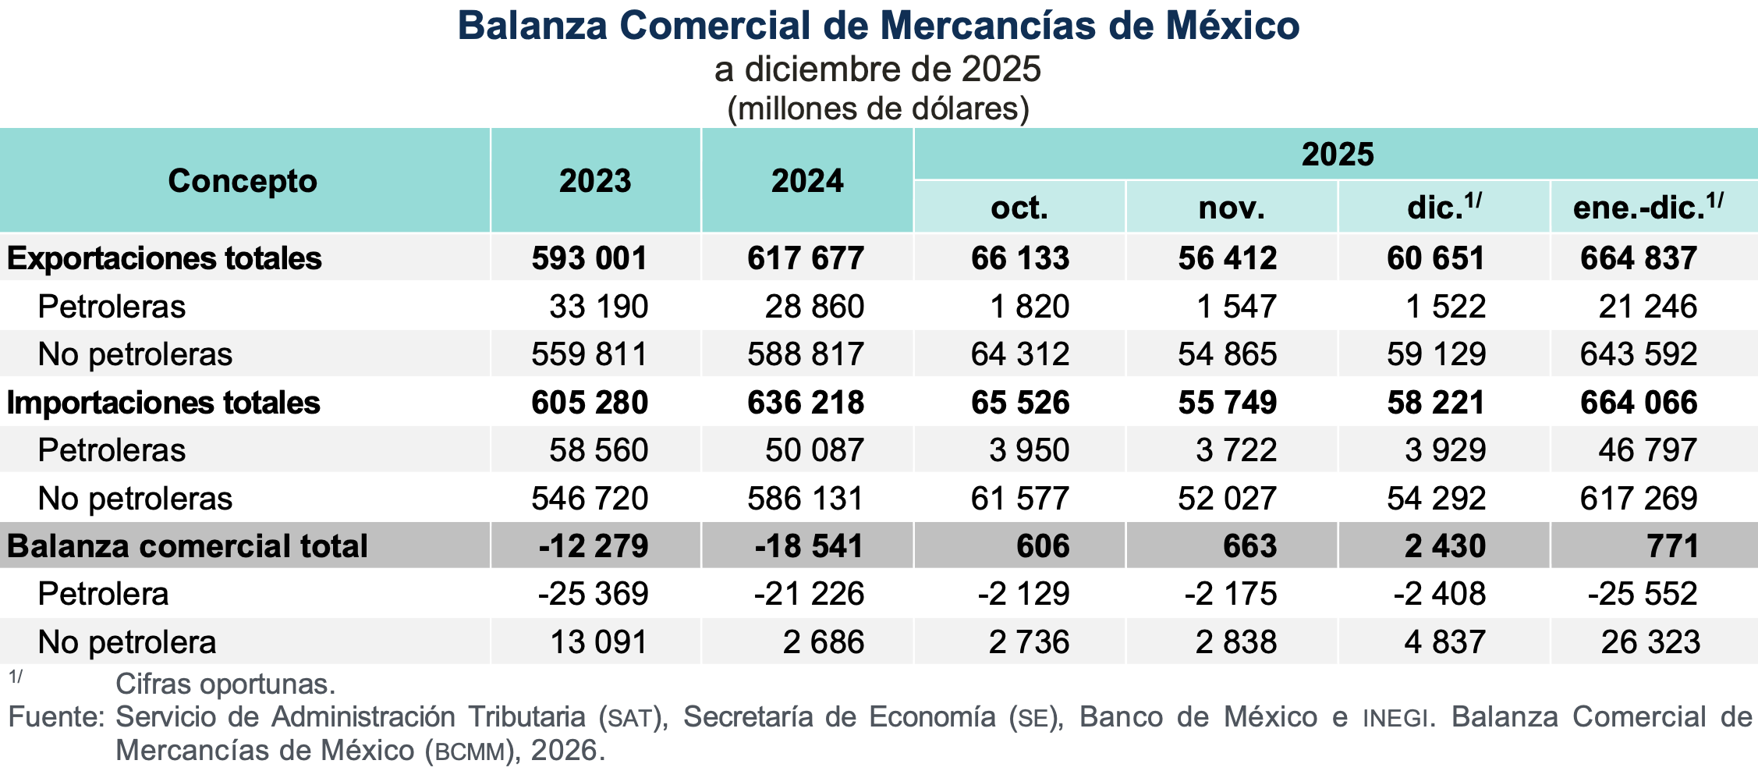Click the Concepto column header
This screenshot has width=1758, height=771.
click(x=243, y=181)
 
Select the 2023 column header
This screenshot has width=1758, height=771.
click(x=595, y=181)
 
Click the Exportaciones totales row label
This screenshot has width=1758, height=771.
click(x=164, y=258)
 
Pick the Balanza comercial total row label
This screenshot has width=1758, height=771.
click(x=187, y=546)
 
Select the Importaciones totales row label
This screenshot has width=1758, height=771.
click(x=164, y=403)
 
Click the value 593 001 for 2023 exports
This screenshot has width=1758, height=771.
click(x=590, y=258)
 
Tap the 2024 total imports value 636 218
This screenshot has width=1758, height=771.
click(x=806, y=403)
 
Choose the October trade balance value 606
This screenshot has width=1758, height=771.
click(x=1043, y=546)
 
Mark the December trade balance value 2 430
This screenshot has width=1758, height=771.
click(x=1445, y=546)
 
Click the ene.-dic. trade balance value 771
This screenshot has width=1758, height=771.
click(x=1673, y=546)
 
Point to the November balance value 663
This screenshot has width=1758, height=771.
click(x=1249, y=546)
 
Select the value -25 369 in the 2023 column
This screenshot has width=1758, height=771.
click(x=593, y=594)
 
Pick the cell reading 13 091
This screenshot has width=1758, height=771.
click(x=599, y=642)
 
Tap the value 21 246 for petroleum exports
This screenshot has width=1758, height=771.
click(x=1647, y=307)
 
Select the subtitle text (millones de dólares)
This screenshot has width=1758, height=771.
click(x=878, y=108)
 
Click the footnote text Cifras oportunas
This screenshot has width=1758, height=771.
click(x=225, y=684)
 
